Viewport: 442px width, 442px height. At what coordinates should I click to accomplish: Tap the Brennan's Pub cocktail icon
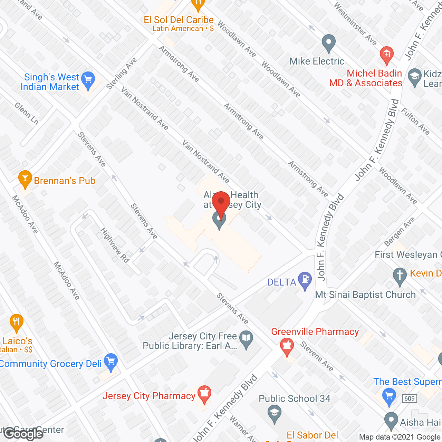tap(25, 178)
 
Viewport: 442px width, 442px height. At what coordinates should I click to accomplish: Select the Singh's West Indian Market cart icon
tap(88, 80)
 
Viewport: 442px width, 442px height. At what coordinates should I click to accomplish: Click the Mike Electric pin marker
tap(328, 43)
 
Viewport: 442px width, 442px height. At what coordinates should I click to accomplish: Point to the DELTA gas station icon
tap(305, 280)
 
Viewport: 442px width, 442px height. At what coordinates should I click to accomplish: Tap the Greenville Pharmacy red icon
tap(287, 346)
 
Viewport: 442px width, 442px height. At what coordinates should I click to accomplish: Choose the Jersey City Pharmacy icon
tap(204, 394)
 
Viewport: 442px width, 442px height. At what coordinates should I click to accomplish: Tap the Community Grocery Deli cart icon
tap(110, 362)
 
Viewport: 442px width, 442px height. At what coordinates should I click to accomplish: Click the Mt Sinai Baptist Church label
tap(365, 295)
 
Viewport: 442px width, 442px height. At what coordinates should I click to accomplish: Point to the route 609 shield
tap(409, 398)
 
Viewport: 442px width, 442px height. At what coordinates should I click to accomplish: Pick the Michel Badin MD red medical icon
tap(386, 55)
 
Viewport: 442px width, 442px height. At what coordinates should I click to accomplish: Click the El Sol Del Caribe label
tap(179, 20)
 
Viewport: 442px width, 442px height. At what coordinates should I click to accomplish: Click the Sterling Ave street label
tap(122, 74)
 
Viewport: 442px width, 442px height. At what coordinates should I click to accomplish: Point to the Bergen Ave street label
tap(399, 231)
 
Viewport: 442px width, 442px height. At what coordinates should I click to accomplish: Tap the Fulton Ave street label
tap(415, 121)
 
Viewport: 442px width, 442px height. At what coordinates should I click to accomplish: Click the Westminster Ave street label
tap(355, 24)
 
